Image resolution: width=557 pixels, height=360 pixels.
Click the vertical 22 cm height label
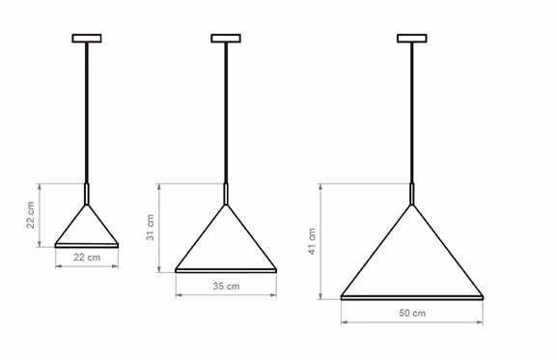(x=31, y=215)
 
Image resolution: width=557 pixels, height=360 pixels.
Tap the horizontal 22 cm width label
(x=87, y=257)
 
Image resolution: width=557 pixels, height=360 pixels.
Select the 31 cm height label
(x=151, y=227)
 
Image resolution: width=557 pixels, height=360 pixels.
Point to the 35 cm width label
(x=226, y=286)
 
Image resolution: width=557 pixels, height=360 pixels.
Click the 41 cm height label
(x=312, y=241)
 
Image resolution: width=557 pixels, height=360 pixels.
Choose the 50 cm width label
(x=412, y=313)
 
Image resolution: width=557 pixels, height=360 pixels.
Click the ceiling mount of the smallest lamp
(x=87, y=38)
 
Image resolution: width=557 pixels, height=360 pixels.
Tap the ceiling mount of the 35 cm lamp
(x=226, y=38)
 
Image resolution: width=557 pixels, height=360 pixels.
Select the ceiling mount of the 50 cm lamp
(x=412, y=38)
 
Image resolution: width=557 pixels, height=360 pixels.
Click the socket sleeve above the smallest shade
(x=86, y=194)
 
